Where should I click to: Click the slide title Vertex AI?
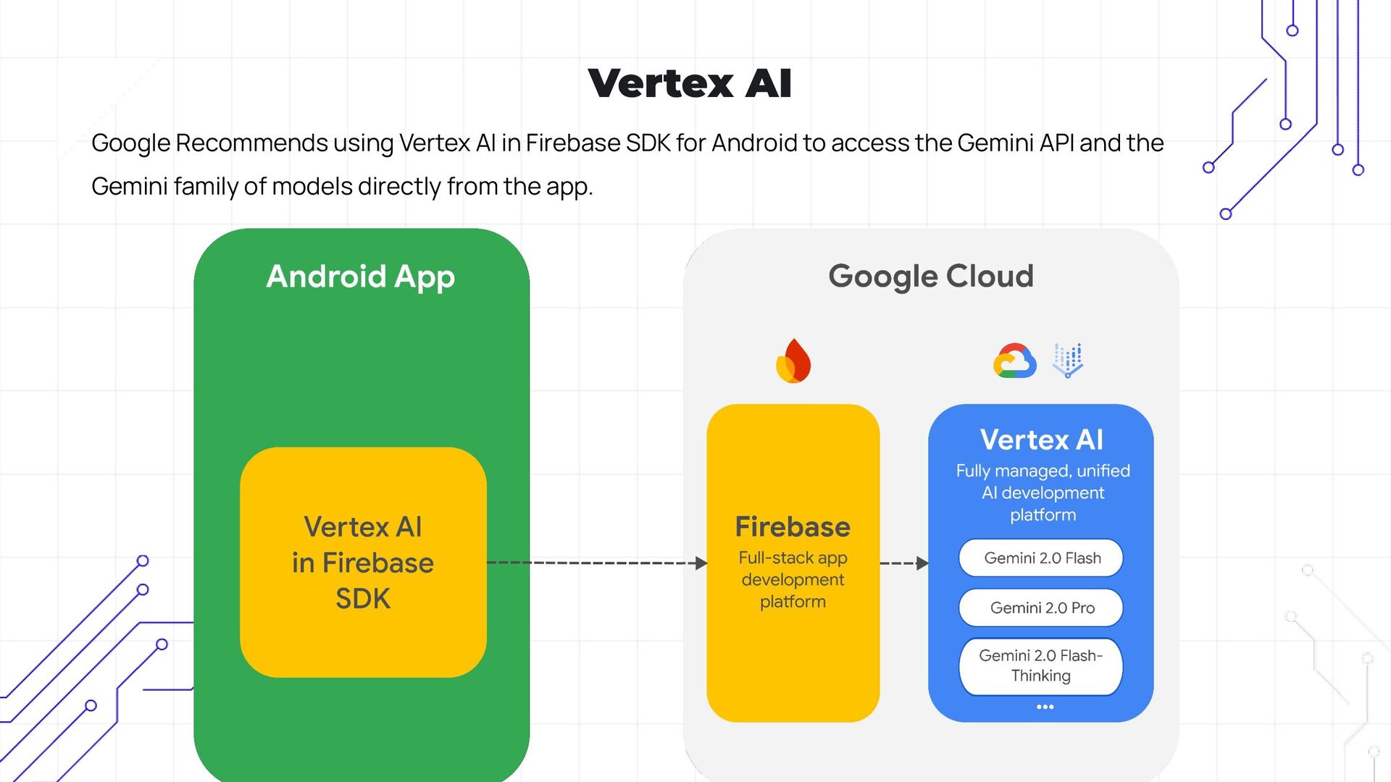pyautogui.click(x=690, y=83)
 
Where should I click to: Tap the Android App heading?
pyautogui.click(x=361, y=277)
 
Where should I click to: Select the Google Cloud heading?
pyautogui.click(x=930, y=277)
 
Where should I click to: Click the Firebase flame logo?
pyautogui.click(x=793, y=361)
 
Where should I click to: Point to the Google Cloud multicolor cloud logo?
pyautogui.click(x=1014, y=361)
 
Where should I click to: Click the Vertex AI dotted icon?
pyautogui.click(x=1068, y=360)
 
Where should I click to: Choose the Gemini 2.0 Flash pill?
pyautogui.click(x=1041, y=558)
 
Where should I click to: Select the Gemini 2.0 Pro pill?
pyautogui.click(x=1041, y=608)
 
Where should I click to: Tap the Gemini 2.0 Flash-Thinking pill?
pyautogui.click(x=1041, y=666)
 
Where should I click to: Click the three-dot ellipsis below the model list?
pyautogui.click(x=1045, y=707)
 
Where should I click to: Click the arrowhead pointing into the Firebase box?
pyautogui.click(x=701, y=563)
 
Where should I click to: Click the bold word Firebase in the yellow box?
pyautogui.click(x=793, y=527)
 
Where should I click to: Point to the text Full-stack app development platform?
pyautogui.click(x=793, y=579)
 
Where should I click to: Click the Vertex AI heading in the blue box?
pyautogui.click(x=1041, y=440)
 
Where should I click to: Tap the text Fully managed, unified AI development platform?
pyautogui.click(x=1043, y=492)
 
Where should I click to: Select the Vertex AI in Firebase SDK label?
pyautogui.click(x=363, y=563)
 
